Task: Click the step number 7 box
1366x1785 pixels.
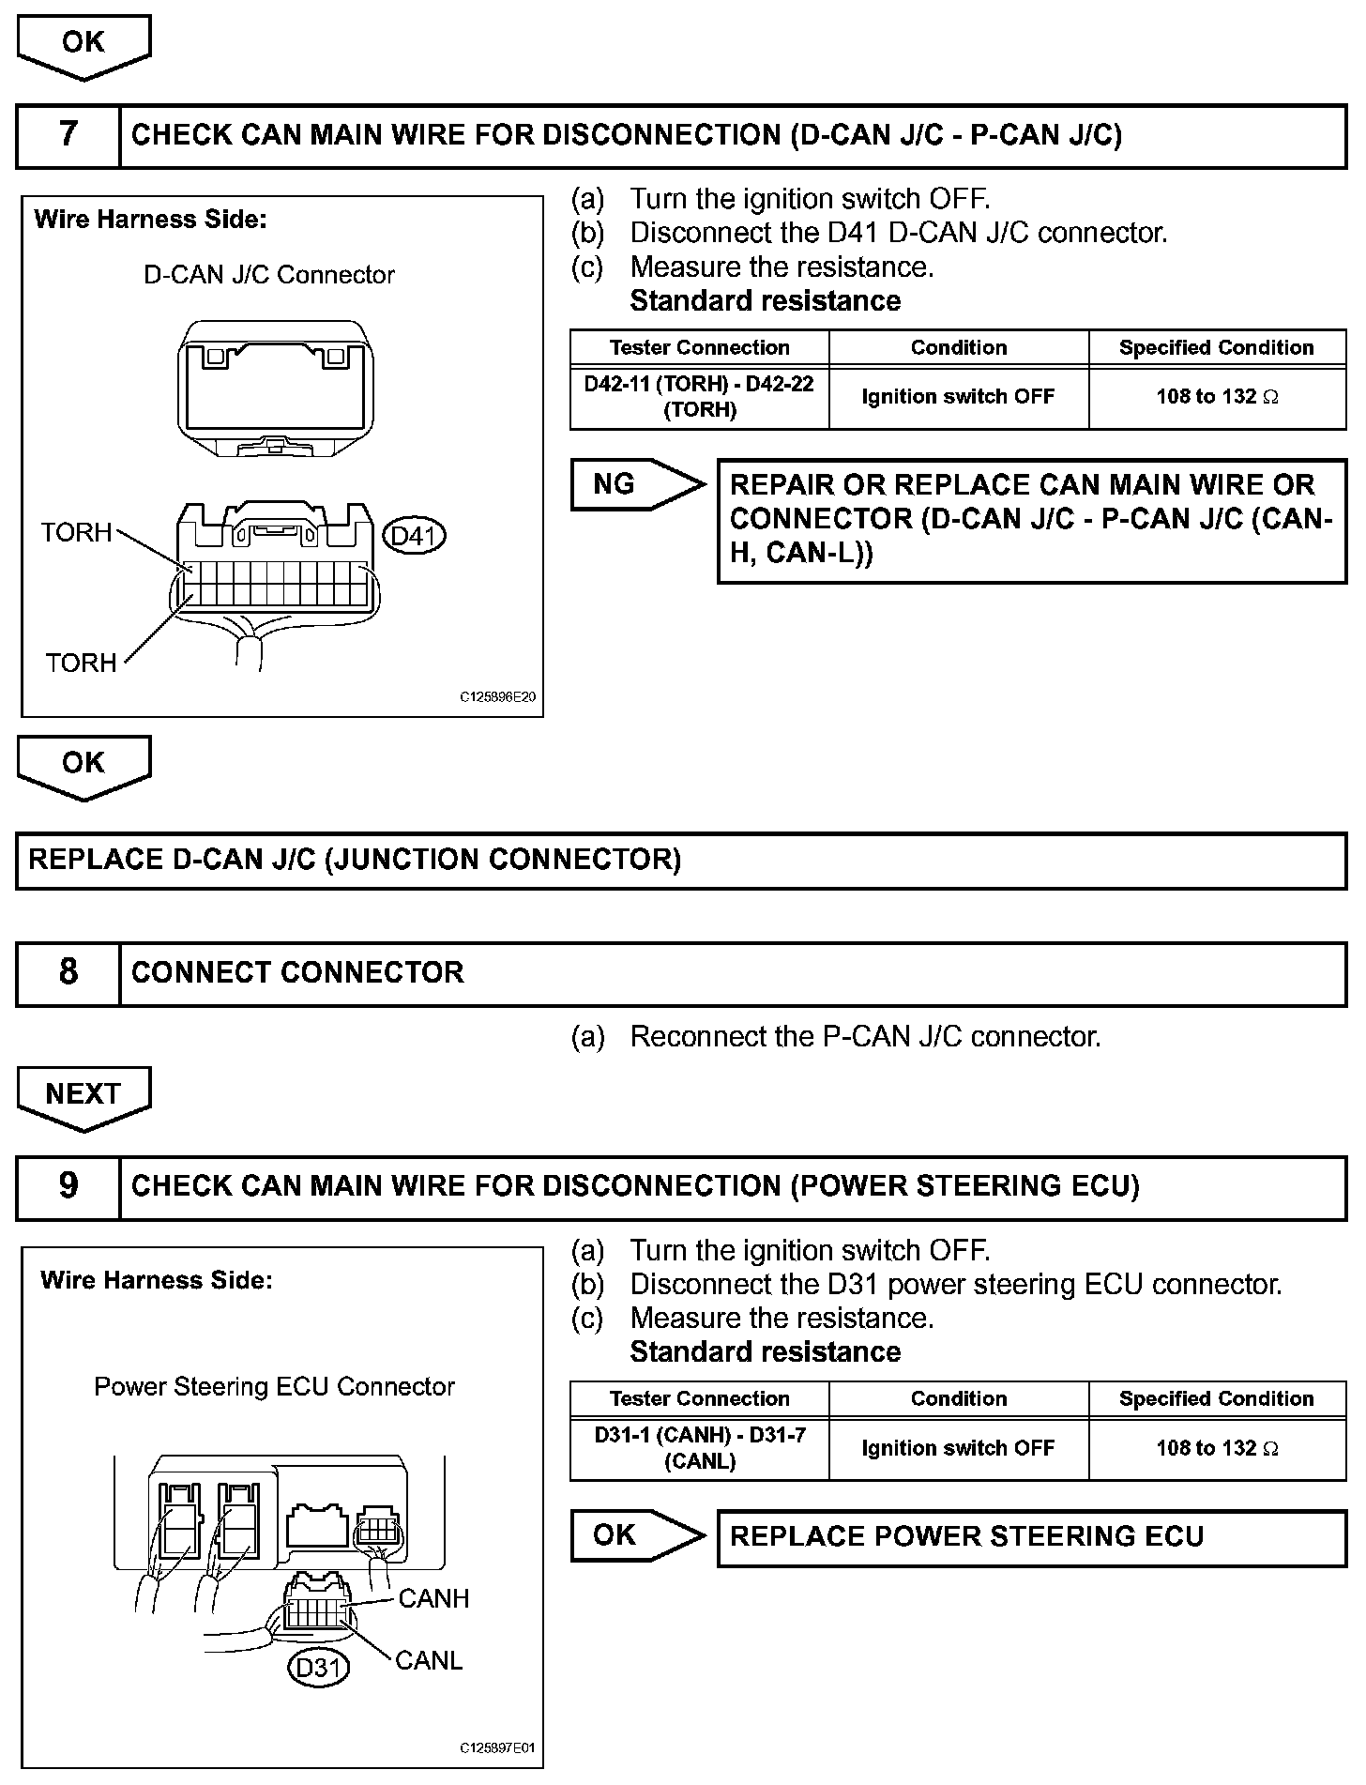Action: (x=68, y=136)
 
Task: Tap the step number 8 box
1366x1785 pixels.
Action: (x=68, y=973)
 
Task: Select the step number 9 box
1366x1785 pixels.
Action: (x=68, y=1187)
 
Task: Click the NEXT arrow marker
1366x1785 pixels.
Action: (x=83, y=1096)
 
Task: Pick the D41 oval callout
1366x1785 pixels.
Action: (x=415, y=536)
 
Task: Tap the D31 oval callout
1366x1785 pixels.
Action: (x=318, y=1668)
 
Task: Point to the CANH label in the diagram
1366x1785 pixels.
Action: (x=433, y=1598)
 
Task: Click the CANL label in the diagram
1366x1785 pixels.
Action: (x=429, y=1660)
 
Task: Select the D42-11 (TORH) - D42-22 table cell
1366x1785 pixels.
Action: (x=699, y=397)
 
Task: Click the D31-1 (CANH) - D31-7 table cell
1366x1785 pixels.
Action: (x=699, y=1448)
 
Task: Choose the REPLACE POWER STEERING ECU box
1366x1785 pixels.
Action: (x=1031, y=1537)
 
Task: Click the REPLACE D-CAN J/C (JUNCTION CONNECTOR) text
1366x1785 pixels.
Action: (x=355, y=860)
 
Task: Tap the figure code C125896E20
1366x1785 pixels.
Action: (x=497, y=698)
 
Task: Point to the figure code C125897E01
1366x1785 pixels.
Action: (x=497, y=1748)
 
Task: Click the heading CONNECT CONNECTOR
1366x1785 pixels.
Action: (x=297, y=973)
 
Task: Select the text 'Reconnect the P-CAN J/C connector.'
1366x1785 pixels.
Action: (x=864, y=1037)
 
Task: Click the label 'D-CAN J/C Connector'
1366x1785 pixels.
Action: (x=269, y=275)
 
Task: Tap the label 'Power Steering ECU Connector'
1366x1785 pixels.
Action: (x=274, y=1387)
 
